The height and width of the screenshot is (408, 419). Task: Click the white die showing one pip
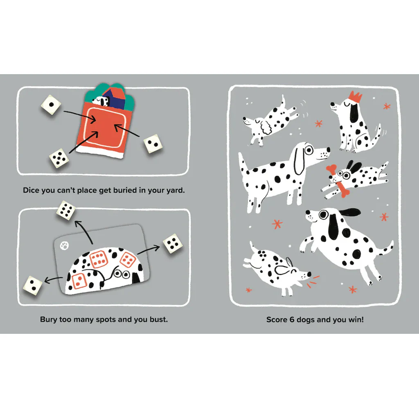[x=51, y=105]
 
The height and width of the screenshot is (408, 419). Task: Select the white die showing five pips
[x=59, y=158]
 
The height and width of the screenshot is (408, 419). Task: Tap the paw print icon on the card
[x=64, y=246]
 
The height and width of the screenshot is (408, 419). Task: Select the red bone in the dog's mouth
[x=338, y=181]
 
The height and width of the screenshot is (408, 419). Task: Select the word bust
[x=159, y=320]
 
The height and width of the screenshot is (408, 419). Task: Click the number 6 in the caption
[x=292, y=320]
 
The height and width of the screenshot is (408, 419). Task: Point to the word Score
[x=277, y=320]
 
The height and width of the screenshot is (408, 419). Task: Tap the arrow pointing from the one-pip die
[x=79, y=115]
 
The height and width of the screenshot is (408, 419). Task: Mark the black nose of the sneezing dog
[x=309, y=274]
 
